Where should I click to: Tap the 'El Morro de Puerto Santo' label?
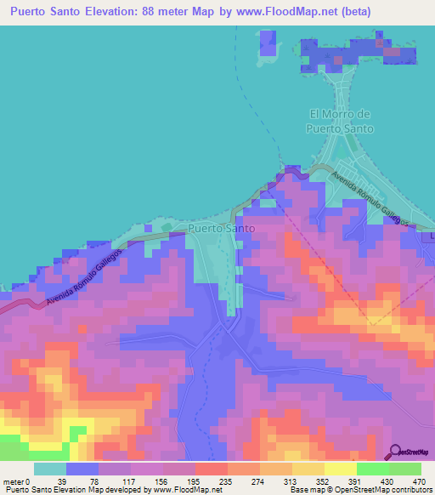coord(340,121)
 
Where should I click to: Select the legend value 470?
coord(417,481)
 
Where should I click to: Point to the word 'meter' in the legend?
coord(14,481)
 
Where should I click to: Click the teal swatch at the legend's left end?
coord(50,469)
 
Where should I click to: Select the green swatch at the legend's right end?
coord(404,469)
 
